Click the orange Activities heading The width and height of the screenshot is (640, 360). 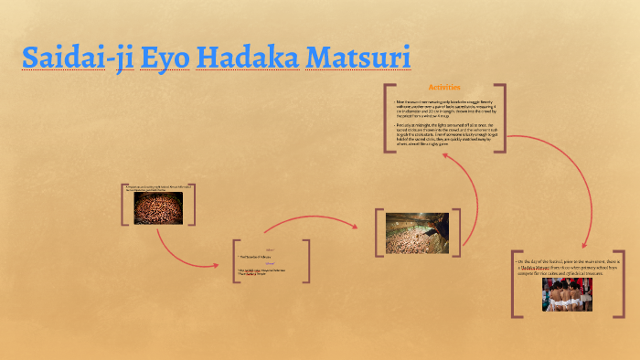[443, 87]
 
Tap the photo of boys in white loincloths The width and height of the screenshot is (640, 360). [566, 295]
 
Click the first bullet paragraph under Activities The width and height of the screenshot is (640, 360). [443, 108]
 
